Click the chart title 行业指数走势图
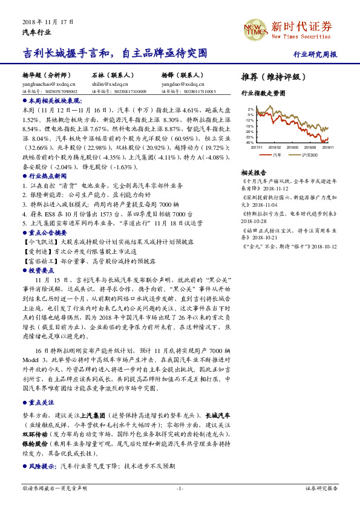click(x=263, y=94)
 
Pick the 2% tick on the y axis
click(x=250, y=109)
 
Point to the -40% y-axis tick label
click(x=249, y=143)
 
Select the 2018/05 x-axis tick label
click(x=291, y=147)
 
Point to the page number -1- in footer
click(x=180, y=488)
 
